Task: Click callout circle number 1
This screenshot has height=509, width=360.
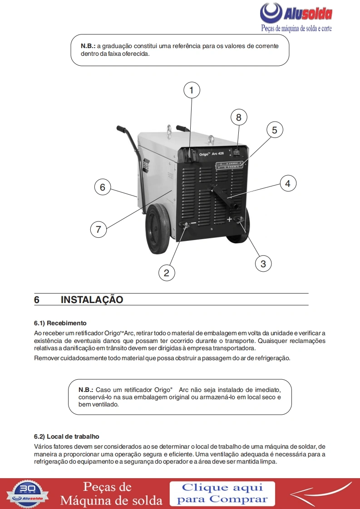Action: pos(192,90)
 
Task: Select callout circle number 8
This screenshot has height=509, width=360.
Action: pos(239,117)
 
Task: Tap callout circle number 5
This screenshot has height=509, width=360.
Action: pos(274,130)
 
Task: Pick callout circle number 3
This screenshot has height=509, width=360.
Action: pos(263,263)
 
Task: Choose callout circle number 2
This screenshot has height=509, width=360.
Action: pos(167,273)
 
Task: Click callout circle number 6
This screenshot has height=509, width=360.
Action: pos(103,187)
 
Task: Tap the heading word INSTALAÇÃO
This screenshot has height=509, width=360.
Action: pos(92,300)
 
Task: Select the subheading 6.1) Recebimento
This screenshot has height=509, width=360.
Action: pos(60,323)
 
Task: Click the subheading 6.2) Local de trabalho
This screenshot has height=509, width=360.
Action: pos(66,436)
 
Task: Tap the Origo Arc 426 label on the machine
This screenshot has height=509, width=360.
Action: pos(212,154)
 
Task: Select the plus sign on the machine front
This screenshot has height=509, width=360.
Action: pos(230,220)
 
